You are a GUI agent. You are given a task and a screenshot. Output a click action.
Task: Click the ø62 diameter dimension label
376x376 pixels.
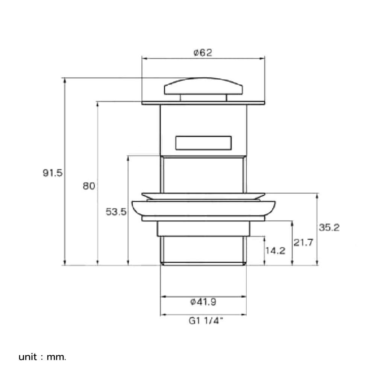coord(203,53)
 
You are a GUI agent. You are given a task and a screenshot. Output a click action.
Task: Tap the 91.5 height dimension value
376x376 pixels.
coord(53,173)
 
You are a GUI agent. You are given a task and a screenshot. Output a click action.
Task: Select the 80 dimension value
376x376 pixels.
coord(89,186)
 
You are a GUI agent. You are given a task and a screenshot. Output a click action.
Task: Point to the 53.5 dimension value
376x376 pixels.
coord(116,212)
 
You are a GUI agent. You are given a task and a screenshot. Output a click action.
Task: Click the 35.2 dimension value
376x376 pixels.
coord(329,227)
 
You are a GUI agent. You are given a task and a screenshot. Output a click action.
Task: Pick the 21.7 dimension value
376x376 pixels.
coord(303,243)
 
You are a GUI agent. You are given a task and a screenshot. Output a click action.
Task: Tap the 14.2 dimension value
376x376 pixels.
coord(275,250)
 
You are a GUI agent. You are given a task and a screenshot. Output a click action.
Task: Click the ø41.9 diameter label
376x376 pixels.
coord(203,302)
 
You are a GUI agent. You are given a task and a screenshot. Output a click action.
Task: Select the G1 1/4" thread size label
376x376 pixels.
coord(206,321)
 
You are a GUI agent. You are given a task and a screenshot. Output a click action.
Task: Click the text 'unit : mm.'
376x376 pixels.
coord(42,357)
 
